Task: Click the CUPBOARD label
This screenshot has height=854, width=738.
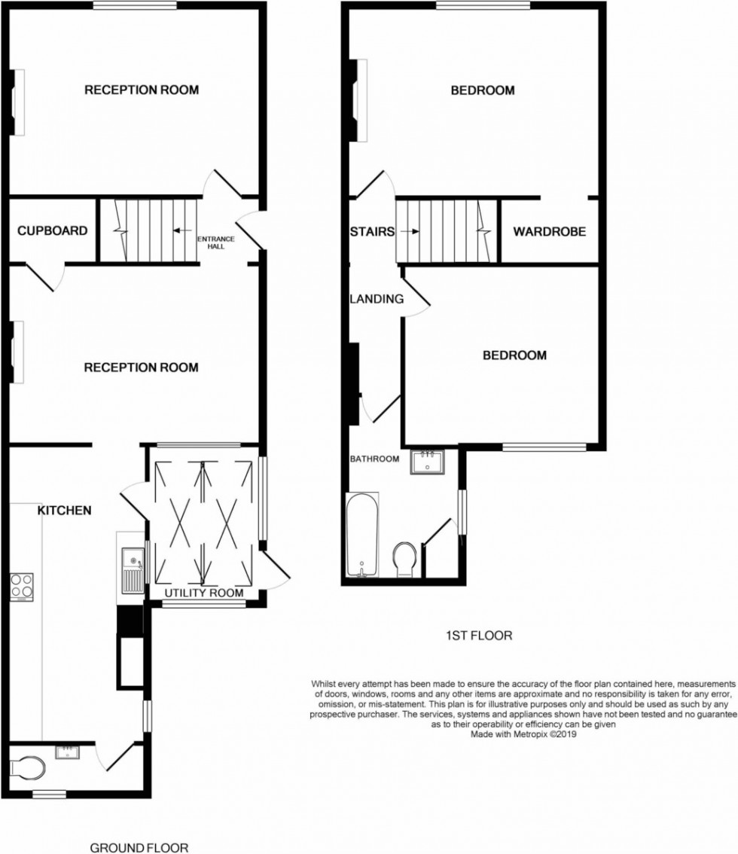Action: pos(53,231)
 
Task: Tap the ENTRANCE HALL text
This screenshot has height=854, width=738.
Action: pos(216,242)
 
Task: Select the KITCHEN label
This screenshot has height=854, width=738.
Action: pos(65,510)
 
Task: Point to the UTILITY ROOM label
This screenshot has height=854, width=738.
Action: pos(205,593)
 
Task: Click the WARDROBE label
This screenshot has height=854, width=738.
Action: pos(550,232)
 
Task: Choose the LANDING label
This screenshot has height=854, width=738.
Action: pos(377,299)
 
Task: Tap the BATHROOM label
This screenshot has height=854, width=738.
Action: pos(374,459)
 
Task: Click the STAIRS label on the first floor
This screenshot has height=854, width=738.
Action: pos(372,232)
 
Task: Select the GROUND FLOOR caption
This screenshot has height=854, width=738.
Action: pos(139,848)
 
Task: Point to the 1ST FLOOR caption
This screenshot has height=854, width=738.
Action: pos(479,636)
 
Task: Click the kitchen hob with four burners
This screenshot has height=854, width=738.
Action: pos(22,586)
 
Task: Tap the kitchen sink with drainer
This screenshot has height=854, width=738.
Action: pos(132,569)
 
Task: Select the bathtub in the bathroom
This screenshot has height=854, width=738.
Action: pos(362,535)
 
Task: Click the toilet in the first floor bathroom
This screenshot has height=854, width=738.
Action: pos(405,557)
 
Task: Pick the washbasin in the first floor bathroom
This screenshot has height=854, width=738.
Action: pos(428,461)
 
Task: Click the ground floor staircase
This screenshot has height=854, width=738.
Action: pos(149,230)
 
